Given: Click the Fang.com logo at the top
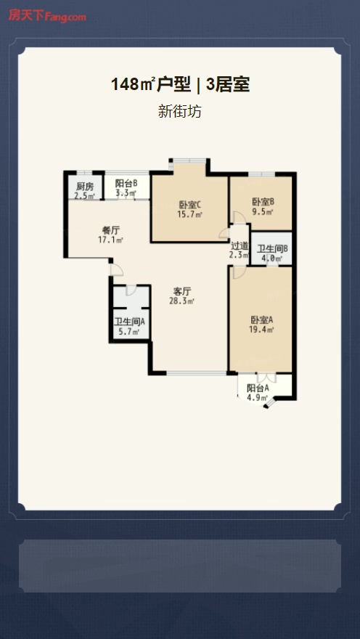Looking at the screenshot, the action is (x=47, y=16).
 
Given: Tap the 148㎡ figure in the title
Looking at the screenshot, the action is (x=132, y=85).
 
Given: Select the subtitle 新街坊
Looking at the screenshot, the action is (x=179, y=111).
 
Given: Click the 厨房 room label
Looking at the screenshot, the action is (x=85, y=187).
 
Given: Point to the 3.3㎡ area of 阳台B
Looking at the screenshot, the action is (x=126, y=194).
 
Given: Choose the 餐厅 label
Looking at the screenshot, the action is (x=111, y=231).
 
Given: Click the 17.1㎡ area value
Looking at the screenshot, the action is (x=111, y=240).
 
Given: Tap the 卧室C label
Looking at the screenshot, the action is (x=190, y=205).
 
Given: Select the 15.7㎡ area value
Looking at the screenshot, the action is (x=190, y=214).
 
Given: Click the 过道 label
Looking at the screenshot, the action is (x=240, y=246).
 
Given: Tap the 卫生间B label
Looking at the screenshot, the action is (x=272, y=248).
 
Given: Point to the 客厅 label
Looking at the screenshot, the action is (x=182, y=292).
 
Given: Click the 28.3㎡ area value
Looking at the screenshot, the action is (x=182, y=301).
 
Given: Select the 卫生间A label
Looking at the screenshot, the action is (x=129, y=322).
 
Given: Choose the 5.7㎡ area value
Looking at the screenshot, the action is (x=129, y=331).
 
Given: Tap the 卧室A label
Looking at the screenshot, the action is (x=261, y=320).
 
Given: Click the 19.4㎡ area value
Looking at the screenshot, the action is (x=261, y=329).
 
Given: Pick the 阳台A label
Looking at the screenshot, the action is (x=258, y=388).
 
